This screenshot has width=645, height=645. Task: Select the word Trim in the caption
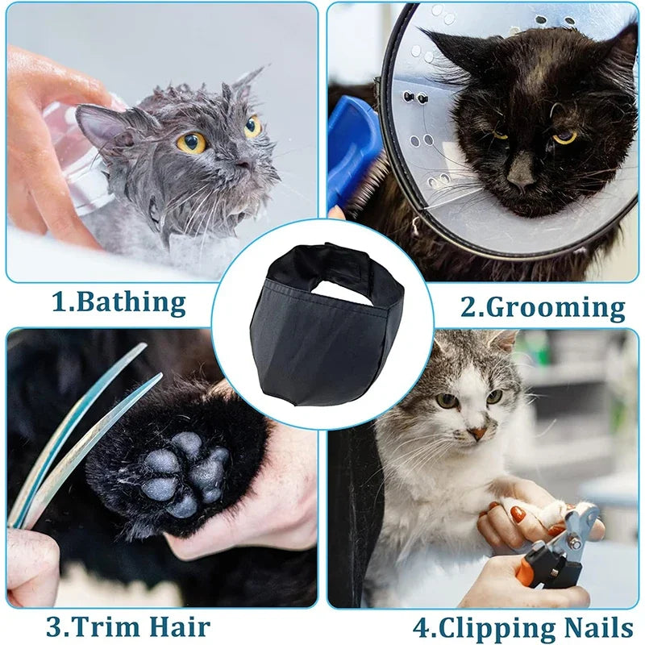tap(94, 626)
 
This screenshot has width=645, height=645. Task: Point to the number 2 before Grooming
tap(468, 307)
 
